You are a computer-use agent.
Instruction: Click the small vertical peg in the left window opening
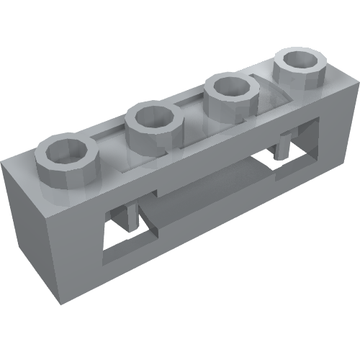tap(132, 215)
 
